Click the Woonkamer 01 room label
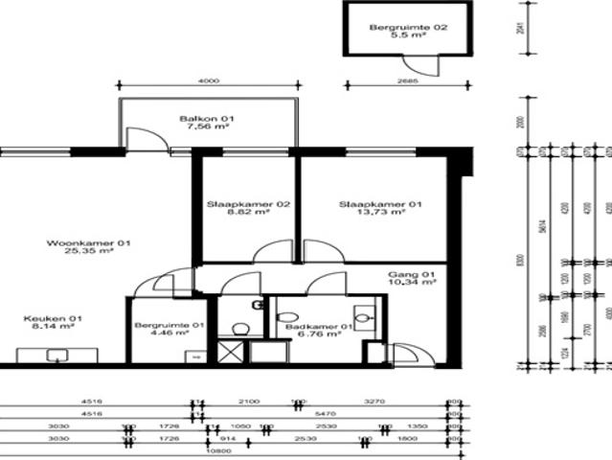click(89, 243)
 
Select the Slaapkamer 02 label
click(248, 204)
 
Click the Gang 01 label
click(412, 273)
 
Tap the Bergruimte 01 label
click(169, 324)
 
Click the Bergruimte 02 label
click(408, 28)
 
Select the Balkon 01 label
click(207, 119)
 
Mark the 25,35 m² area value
click(89, 253)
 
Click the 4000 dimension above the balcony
click(209, 81)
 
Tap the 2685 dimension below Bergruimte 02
click(408, 81)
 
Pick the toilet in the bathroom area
click(241, 329)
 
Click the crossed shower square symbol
click(230, 351)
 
